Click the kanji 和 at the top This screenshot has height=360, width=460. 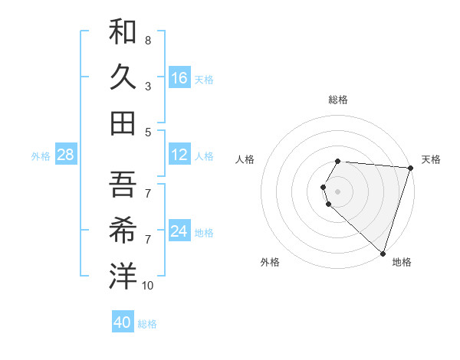point(123,31)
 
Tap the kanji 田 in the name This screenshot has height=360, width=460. point(123,122)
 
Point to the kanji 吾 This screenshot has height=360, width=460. point(123,184)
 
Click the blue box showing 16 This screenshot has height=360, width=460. point(179,78)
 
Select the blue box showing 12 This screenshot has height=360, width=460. point(179,155)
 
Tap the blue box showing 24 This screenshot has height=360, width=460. point(179,231)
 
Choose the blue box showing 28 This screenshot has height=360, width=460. point(66,155)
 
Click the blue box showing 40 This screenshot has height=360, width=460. point(123,322)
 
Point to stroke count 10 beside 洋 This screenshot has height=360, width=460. point(147,286)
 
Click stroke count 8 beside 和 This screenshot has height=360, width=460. point(148,40)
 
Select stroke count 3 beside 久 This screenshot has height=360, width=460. point(148,87)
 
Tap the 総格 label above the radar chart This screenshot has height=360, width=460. point(338,100)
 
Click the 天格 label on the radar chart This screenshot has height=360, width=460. point(431,159)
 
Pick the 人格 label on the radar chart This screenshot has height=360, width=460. point(245,159)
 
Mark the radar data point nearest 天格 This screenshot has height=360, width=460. point(410,168)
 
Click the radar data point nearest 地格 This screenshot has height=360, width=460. point(383,253)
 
